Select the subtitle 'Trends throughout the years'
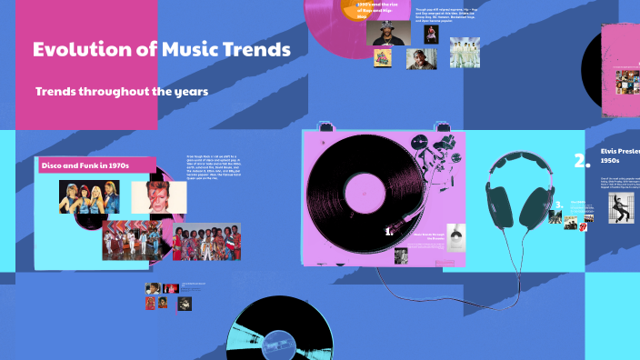121,92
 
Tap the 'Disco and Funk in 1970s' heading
85,165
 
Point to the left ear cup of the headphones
500,202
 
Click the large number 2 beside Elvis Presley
582,161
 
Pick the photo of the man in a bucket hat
385,33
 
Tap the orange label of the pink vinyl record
361,9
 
